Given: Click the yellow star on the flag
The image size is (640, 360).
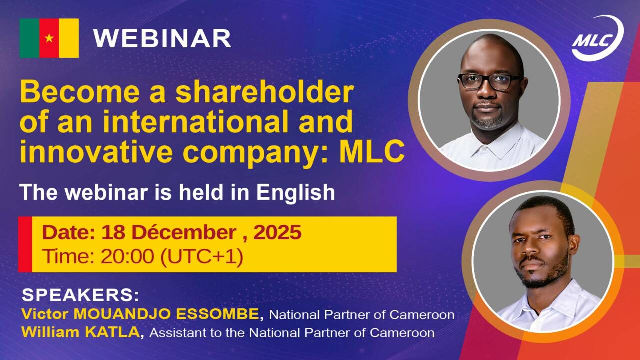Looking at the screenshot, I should tap(49, 38).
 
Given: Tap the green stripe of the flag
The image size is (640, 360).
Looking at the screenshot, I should tap(29, 38).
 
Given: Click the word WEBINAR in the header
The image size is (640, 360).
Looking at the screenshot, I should tap(162, 38).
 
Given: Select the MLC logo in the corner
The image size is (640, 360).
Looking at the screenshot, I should tap(597, 39).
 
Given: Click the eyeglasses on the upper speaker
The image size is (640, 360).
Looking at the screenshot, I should tap(489, 81).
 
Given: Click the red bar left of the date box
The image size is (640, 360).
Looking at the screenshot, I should tap(25, 244).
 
